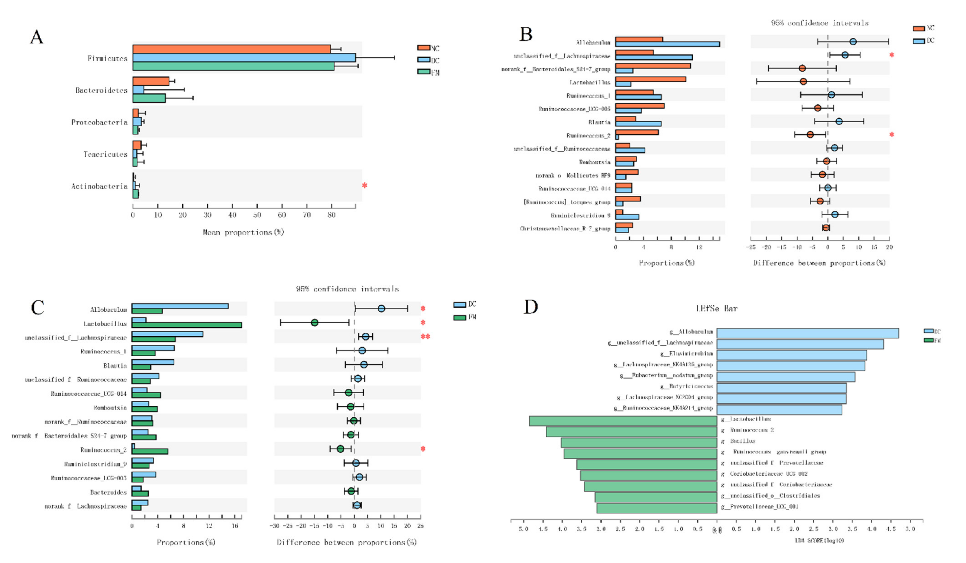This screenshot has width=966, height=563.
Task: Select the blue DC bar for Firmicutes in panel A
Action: [x=244, y=58]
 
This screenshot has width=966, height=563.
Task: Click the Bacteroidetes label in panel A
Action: [x=101, y=91]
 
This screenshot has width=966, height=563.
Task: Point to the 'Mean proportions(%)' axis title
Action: [x=243, y=232]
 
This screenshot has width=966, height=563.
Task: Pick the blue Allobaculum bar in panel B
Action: [x=667, y=44]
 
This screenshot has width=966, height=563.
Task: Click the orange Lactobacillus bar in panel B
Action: [x=650, y=79]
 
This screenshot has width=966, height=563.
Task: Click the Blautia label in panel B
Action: [x=599, y=122]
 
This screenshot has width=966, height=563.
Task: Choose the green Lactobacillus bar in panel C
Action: [x=186, y=325]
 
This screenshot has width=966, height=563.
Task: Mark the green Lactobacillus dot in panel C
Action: [x=314, y=323]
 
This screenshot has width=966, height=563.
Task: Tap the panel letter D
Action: [x=531, y=307]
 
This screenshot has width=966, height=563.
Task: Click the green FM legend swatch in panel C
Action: [x=459, y=317]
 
